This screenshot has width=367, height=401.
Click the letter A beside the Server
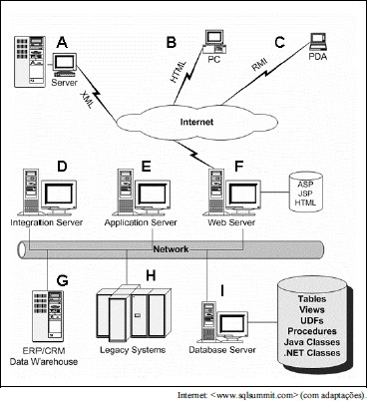coord(62,43)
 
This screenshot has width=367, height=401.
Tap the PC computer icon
coord(214,41)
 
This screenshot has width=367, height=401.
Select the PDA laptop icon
coord(318,41)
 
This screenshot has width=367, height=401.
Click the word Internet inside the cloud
coord(196,122)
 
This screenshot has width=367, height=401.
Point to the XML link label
coord(87,100)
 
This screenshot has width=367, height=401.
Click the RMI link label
coord(259,64)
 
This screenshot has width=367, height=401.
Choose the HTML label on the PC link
coord(179,72)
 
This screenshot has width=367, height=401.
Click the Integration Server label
coord(46,222)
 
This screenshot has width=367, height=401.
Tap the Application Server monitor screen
coord(152,194)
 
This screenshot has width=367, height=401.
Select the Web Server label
coord(231,222)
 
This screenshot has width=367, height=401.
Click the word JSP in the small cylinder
coord(305,194)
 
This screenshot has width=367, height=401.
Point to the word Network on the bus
coord(171,249)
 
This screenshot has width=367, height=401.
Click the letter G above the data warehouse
coord(62,281)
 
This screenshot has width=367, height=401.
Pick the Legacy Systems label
coord(133,350)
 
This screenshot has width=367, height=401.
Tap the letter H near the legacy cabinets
coord(151,275)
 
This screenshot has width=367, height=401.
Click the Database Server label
coord(222,350)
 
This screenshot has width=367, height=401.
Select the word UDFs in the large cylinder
coord(312,320)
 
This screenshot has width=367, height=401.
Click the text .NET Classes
coord(312,353)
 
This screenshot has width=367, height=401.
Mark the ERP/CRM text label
coord(44,351)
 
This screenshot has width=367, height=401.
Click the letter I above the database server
coord(222,291)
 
